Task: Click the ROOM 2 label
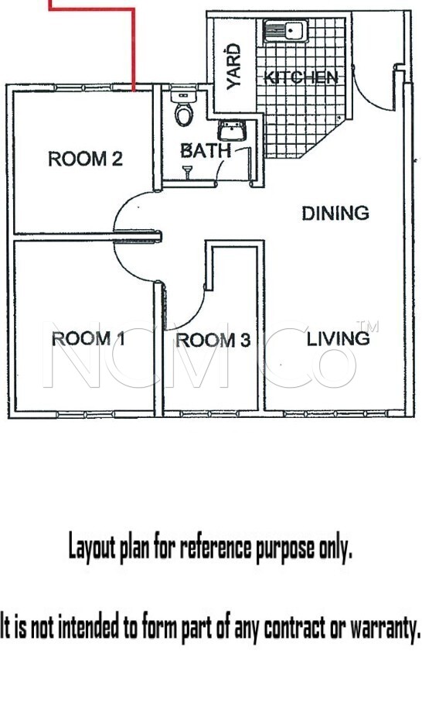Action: point(85,159)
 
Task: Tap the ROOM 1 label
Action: point(88,338)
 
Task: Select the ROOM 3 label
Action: point(213,340)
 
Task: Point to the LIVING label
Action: point(338,339)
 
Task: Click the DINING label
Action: point(335,213)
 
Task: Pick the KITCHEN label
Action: point(301,77)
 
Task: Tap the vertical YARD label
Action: point(233,67)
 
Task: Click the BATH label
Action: point(206,151)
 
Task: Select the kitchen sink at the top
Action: point(286,31)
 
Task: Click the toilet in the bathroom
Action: point(184,108)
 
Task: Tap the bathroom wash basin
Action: point(232,131)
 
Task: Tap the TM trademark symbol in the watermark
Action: point(367,326)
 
